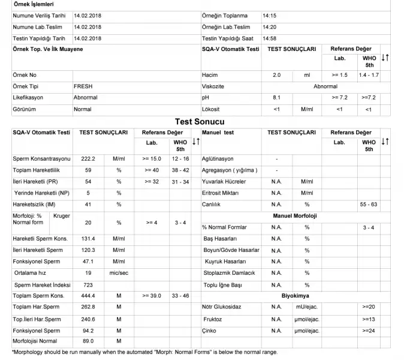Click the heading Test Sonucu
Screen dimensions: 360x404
click(200, 121)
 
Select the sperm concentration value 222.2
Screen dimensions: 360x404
click(89, 159)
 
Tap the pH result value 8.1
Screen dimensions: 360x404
click(276, 97)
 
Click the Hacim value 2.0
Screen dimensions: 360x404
click(276, 75)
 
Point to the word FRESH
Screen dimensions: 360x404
click(83, 86)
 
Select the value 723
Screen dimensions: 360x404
click(88, 284)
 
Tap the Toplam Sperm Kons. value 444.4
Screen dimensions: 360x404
click(89, 296)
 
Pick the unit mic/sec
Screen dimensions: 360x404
click(119, 273)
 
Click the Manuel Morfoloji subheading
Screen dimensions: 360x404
click(294, 215)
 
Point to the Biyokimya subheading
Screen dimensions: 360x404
click(295, 296)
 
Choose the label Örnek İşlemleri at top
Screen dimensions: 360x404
click(34, 5)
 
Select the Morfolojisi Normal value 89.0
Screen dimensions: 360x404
click(89, 341)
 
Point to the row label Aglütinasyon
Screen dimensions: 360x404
click(218, 159)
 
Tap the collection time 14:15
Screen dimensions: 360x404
click(269, 16)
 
